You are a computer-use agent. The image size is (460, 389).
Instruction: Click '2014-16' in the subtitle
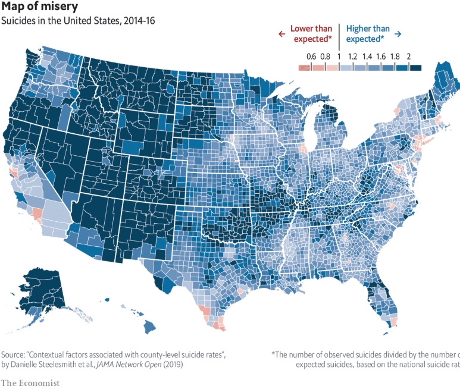coord(139,21)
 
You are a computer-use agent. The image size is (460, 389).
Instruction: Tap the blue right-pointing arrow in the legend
coord(398,34)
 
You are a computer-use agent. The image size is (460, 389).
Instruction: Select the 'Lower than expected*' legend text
coord(311,34)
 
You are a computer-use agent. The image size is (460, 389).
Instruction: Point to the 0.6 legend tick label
coord(311,57)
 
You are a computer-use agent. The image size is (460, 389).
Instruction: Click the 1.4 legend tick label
coord(367,57)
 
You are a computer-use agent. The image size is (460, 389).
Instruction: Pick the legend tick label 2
coord(409,57)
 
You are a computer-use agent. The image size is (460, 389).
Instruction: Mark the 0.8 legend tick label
coord(325,57)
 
